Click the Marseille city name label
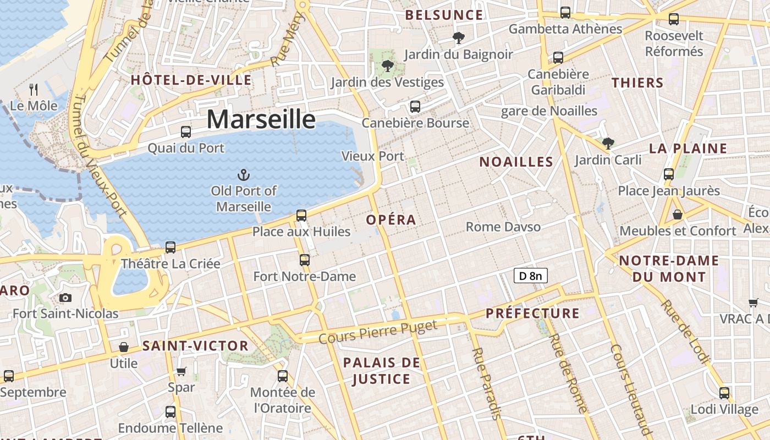[x=261, y=119]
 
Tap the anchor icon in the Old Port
[x=243, y=175]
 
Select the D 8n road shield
[x=531, y=276]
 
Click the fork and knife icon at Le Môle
[x=34, y=90]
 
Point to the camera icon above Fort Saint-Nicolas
[x=65, y=298]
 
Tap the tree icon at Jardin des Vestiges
[x=388, y=66]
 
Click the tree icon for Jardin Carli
[x=608, y=144]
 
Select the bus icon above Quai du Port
[x=186, y=132]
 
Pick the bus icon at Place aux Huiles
[x=301, y=215]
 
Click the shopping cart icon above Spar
[x=182, y=371]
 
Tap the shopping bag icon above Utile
[x=124, y=347]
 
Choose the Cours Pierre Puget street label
[x=378, y=332]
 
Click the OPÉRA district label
[x=391, y=220]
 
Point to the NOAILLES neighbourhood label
[x=516, y=162]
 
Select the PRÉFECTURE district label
[x=532, y=313]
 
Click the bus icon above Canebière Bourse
[x=415, y=106]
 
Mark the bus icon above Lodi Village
[x=724, y=393]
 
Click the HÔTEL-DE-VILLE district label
[x=191, y=80]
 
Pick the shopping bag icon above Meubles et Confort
[x=678, y=215]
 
